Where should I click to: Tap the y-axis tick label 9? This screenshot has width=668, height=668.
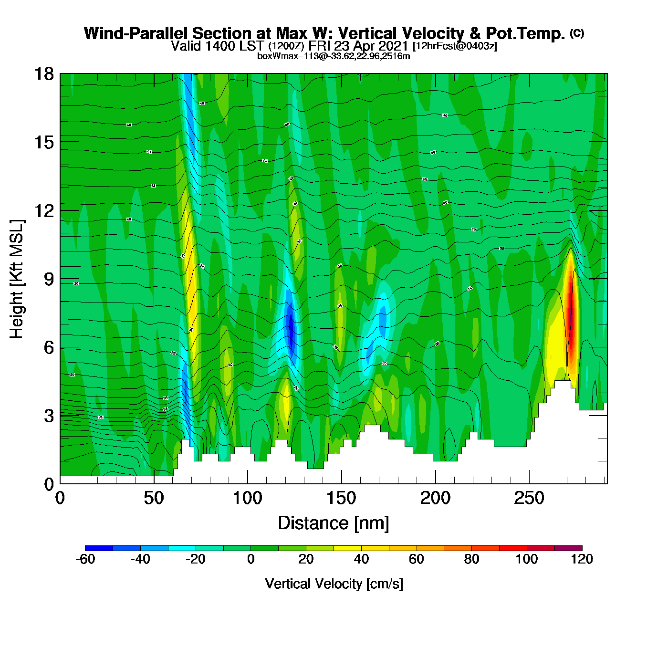49,279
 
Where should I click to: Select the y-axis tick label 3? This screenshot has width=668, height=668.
49,416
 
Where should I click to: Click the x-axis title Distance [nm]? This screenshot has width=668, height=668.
334,523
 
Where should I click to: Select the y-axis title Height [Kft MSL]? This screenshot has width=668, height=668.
17,279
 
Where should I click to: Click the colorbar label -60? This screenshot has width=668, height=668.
85,559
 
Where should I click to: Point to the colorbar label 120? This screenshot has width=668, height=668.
582,559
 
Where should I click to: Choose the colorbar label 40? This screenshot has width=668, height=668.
361,559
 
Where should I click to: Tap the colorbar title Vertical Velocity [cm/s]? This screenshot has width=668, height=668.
334,584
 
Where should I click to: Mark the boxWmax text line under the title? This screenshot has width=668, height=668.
334,56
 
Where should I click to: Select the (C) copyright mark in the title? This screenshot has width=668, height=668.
577,33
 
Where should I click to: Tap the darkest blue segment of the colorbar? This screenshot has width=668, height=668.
99,548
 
